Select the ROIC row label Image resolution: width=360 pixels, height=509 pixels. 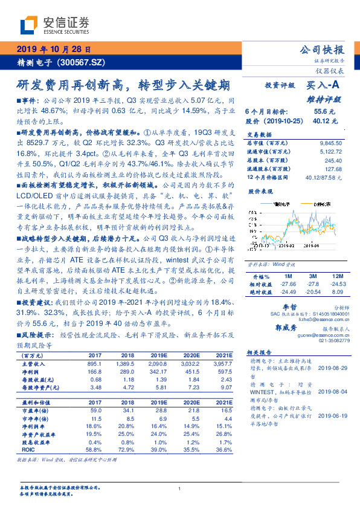28,450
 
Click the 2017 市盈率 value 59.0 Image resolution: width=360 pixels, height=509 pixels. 95,410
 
